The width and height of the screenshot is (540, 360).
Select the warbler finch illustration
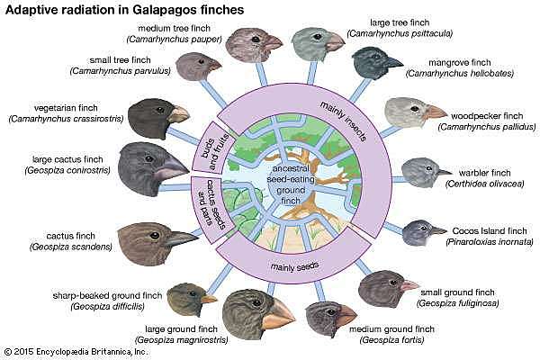point(421,171)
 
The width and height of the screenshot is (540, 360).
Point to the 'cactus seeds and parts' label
point(204,201)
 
